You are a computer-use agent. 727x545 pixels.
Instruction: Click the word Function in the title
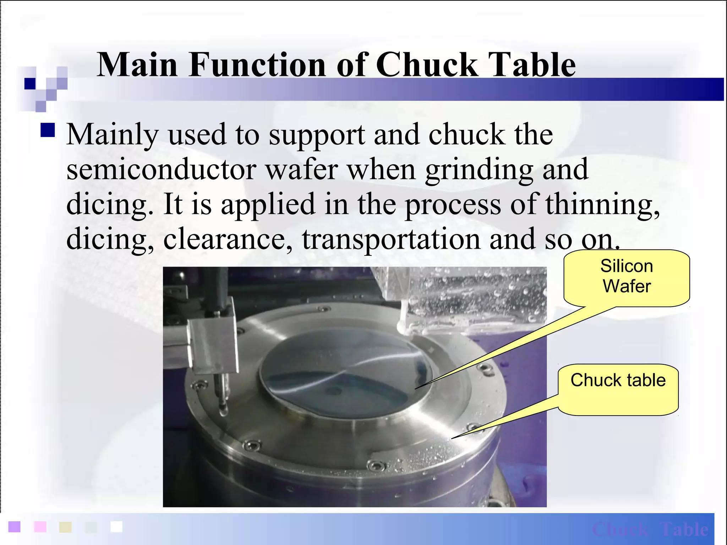[x=257, y=65]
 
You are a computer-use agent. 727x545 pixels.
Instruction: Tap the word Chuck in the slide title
[x=426, y=65]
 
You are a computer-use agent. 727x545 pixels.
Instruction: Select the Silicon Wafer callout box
[x=627, y=277]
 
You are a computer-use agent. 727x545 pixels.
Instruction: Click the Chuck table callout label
[x=618, y=381]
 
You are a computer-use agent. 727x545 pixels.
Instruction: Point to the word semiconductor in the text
[x=161, y=170]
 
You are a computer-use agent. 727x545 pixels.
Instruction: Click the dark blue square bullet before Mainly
[x=48, y=130]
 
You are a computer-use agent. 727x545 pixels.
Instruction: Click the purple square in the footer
[x=14, y=527]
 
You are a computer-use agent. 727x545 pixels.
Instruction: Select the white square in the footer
[x=116, y=527]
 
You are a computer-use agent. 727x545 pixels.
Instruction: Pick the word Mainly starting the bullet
[x=112, y=135]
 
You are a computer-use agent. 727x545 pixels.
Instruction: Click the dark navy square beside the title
[x=30, y=84]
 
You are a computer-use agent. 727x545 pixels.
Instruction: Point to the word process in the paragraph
[x=453, y=204]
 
